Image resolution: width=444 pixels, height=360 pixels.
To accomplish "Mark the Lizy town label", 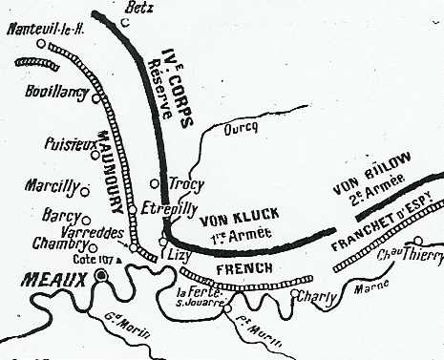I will (x=179, y=257).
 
